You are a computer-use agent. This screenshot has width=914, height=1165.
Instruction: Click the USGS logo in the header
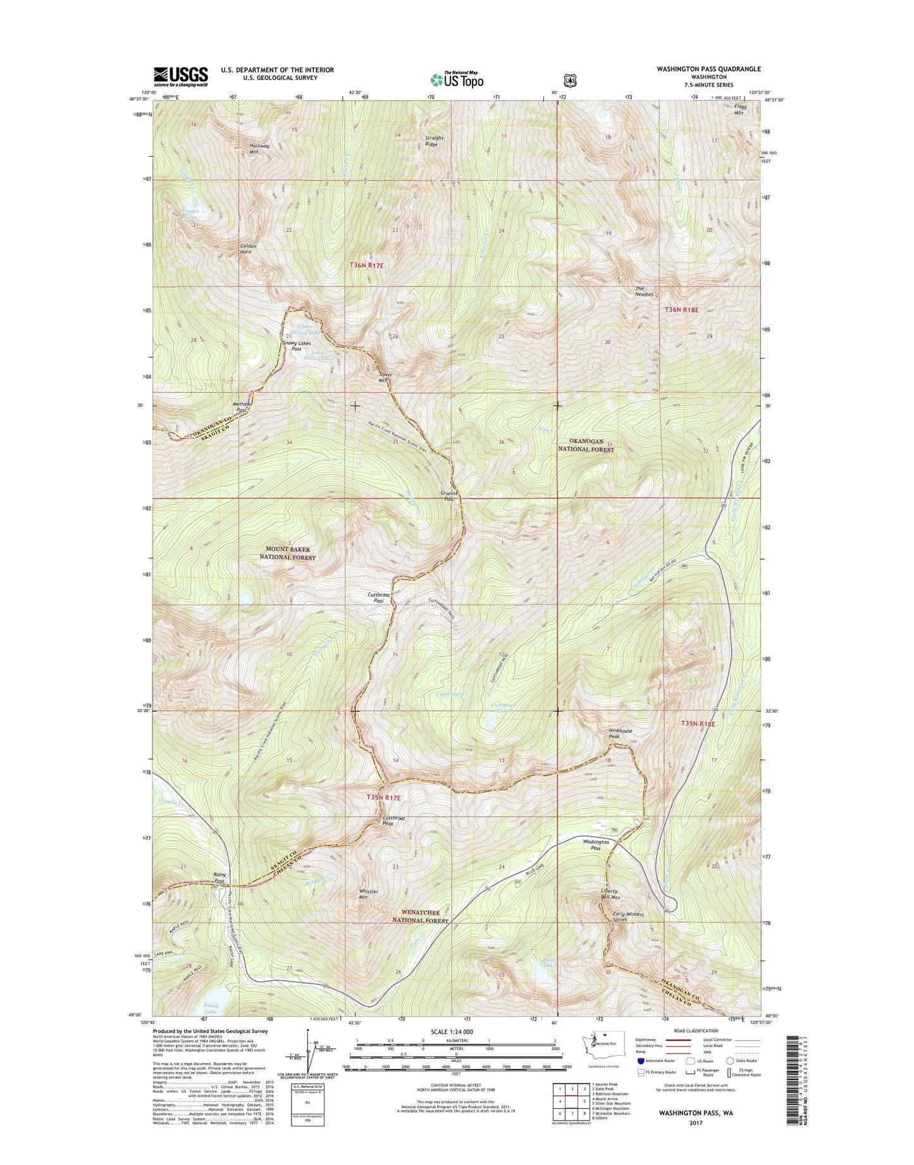[180, 77]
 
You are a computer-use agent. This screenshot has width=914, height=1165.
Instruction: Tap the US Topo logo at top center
[457, 79]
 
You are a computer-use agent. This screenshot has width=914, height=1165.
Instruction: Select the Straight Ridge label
[434, 141]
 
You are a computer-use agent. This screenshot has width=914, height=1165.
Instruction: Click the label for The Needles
[644, 292]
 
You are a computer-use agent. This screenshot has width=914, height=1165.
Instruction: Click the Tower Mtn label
[385, 378]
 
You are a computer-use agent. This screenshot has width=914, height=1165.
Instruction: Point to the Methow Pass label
[240, 407]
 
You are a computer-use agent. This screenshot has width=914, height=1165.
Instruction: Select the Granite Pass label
[448, 496]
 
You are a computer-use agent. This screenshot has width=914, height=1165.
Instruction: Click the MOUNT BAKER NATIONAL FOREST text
[287, 553]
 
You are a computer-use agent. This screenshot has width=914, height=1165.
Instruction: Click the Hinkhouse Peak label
[620, 734]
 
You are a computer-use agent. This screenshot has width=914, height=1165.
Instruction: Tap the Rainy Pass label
[219, 878]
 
